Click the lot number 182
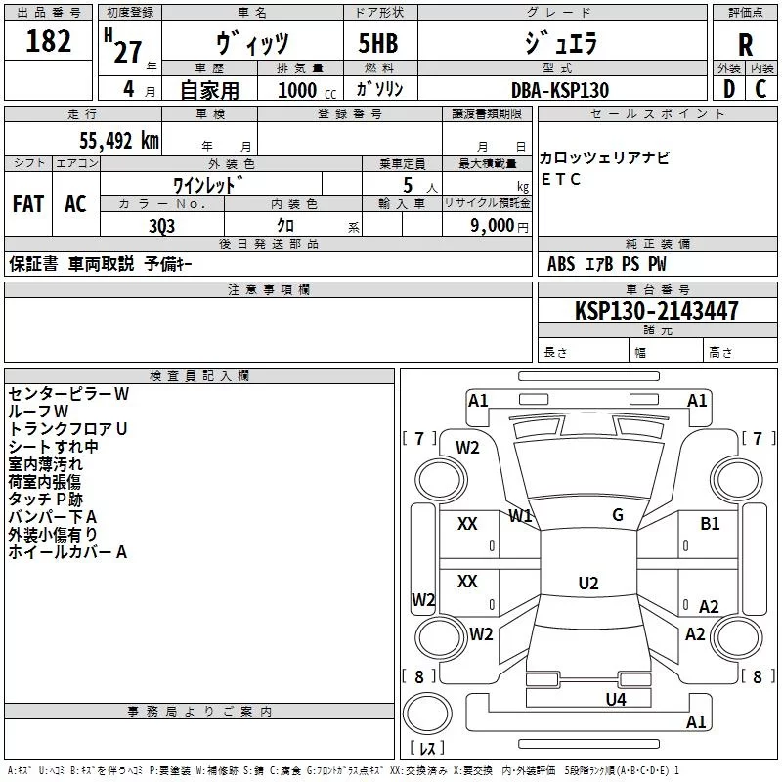click(49, 42)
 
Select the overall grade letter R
click(745, 44)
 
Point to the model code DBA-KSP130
click(559, 90)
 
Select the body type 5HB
click(377, 44)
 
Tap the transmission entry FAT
click(28, 204)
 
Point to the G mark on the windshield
click(617, 515)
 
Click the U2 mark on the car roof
click(587, 584)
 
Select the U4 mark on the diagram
click(615, 699)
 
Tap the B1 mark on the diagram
click(710, 524)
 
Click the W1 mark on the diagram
click(520, 515)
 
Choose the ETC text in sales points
click(561, 179)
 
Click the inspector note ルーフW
click(38, 412)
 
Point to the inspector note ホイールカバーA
click(67, 552)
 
